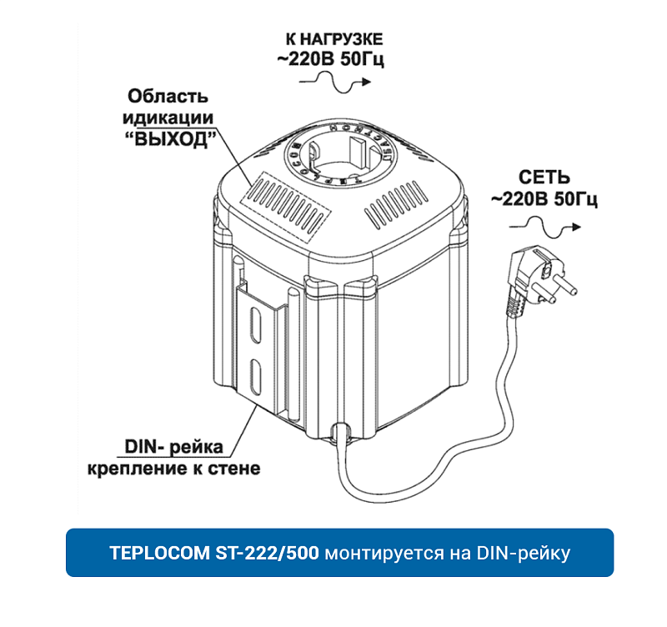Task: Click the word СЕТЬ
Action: point(544,177)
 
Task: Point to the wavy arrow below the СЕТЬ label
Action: point(546,223)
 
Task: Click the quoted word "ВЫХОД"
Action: point(170,139)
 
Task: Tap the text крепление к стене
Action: point(173,469)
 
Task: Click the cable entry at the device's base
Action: point(339,432)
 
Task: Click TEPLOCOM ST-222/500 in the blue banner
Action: point(213,553)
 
